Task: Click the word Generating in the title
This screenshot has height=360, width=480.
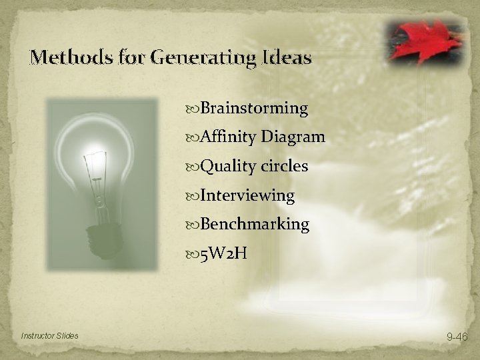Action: (x=199, y=58)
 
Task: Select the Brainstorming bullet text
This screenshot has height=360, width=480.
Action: (x=254, y=108)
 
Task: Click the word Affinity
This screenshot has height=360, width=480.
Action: (x=229, y=137)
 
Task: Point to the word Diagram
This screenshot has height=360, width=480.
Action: (x=293, y=137)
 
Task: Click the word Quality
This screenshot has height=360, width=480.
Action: (x=227, y=167)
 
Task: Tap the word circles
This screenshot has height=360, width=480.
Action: (x=284, y=167)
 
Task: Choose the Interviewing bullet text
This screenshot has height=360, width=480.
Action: (x=247, y=195)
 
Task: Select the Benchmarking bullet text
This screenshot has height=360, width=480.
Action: (x=255, y=225)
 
